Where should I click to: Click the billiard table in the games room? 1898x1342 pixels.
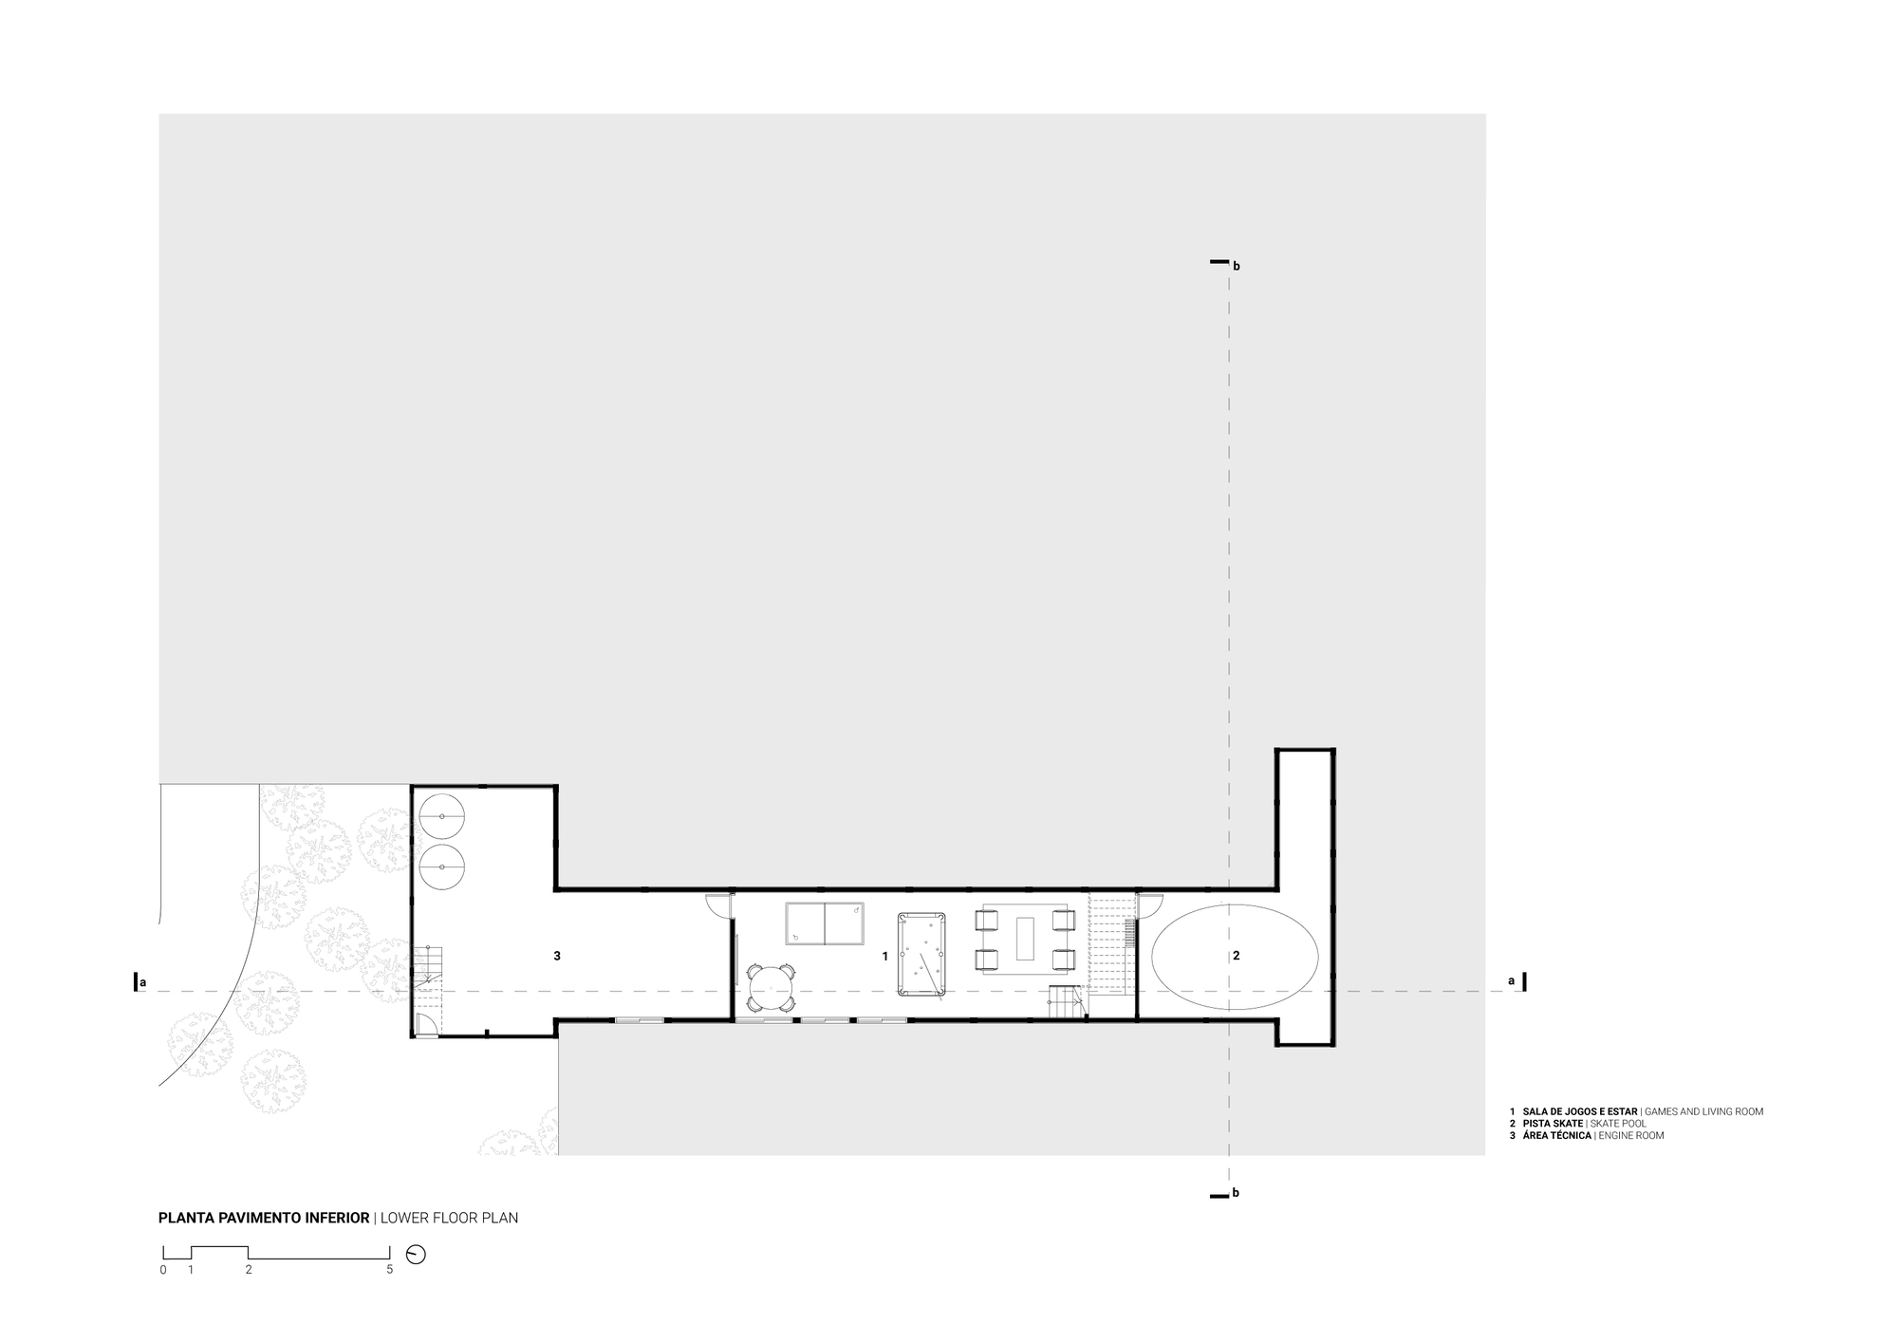point(921,954)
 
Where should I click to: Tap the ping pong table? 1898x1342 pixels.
point(825,923)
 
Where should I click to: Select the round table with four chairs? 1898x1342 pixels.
point(771,988)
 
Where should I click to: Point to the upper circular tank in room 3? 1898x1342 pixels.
point(441,816)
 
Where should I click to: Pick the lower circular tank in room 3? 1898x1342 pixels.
point(441,867)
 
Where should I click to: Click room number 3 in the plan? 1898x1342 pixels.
point(557,956)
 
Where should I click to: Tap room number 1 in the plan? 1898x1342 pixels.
point(885,956)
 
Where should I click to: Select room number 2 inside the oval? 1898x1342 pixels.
point(1236,956)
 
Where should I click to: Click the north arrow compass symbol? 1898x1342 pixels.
point(416,1254)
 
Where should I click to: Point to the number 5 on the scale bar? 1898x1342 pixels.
point(389,1269)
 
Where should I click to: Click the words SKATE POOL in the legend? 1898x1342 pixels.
point(1619,1123)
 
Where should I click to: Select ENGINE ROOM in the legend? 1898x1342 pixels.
point(1631,1135)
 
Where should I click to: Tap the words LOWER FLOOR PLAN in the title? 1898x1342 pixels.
point(449,1218)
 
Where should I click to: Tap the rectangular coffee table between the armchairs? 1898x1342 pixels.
point(1025,938)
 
